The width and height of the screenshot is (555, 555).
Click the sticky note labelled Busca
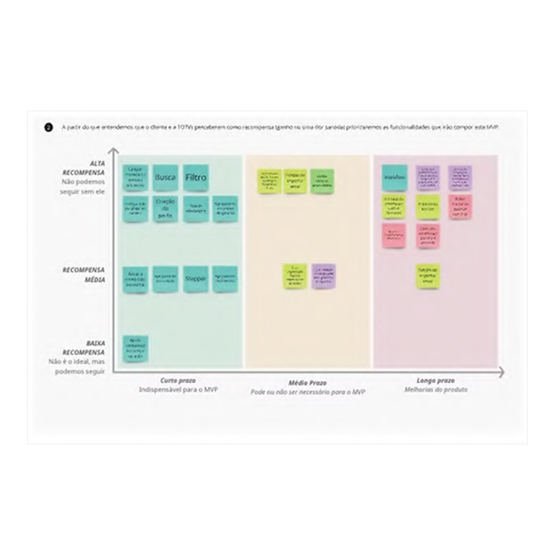coord(165,178)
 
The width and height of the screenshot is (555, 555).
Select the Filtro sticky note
coord(196,178)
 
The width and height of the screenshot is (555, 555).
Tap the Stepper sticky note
coord(195,278)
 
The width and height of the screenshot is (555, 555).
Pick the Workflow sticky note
coord(393,178)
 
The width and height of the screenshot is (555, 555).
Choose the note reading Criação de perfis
coord(165,208)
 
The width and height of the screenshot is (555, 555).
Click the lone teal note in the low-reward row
coord(135,348)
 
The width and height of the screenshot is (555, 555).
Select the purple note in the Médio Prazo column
coord(324,275)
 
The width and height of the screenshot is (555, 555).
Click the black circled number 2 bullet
coord(48,128)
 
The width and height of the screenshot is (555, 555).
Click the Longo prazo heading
coord(436,381)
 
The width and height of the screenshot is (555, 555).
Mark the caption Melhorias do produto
coord(436,390)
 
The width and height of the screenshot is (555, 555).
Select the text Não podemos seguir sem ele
coord(84,187)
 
